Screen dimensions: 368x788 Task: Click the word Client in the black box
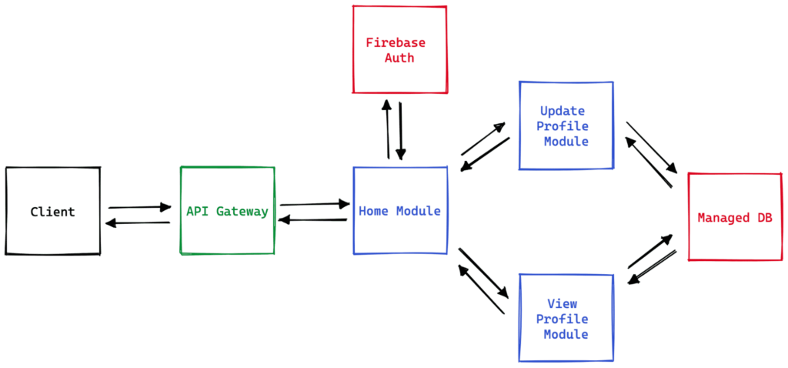tap(52, 212)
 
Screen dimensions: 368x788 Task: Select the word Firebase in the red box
tap(396, 42)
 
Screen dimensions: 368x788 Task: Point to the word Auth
tap(399, 58)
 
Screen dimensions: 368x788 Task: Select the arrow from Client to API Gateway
tap(139, 207)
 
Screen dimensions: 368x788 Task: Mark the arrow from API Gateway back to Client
tap(138, 223)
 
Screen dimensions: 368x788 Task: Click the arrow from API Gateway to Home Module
tap(314, 204)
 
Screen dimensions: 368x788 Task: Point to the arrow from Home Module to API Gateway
tap(312, 220)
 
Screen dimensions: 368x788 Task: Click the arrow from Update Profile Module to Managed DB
tap(651, 146)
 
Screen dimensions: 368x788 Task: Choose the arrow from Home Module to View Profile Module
tap(483, 273)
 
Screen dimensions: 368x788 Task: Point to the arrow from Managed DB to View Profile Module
tap(653, 267)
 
